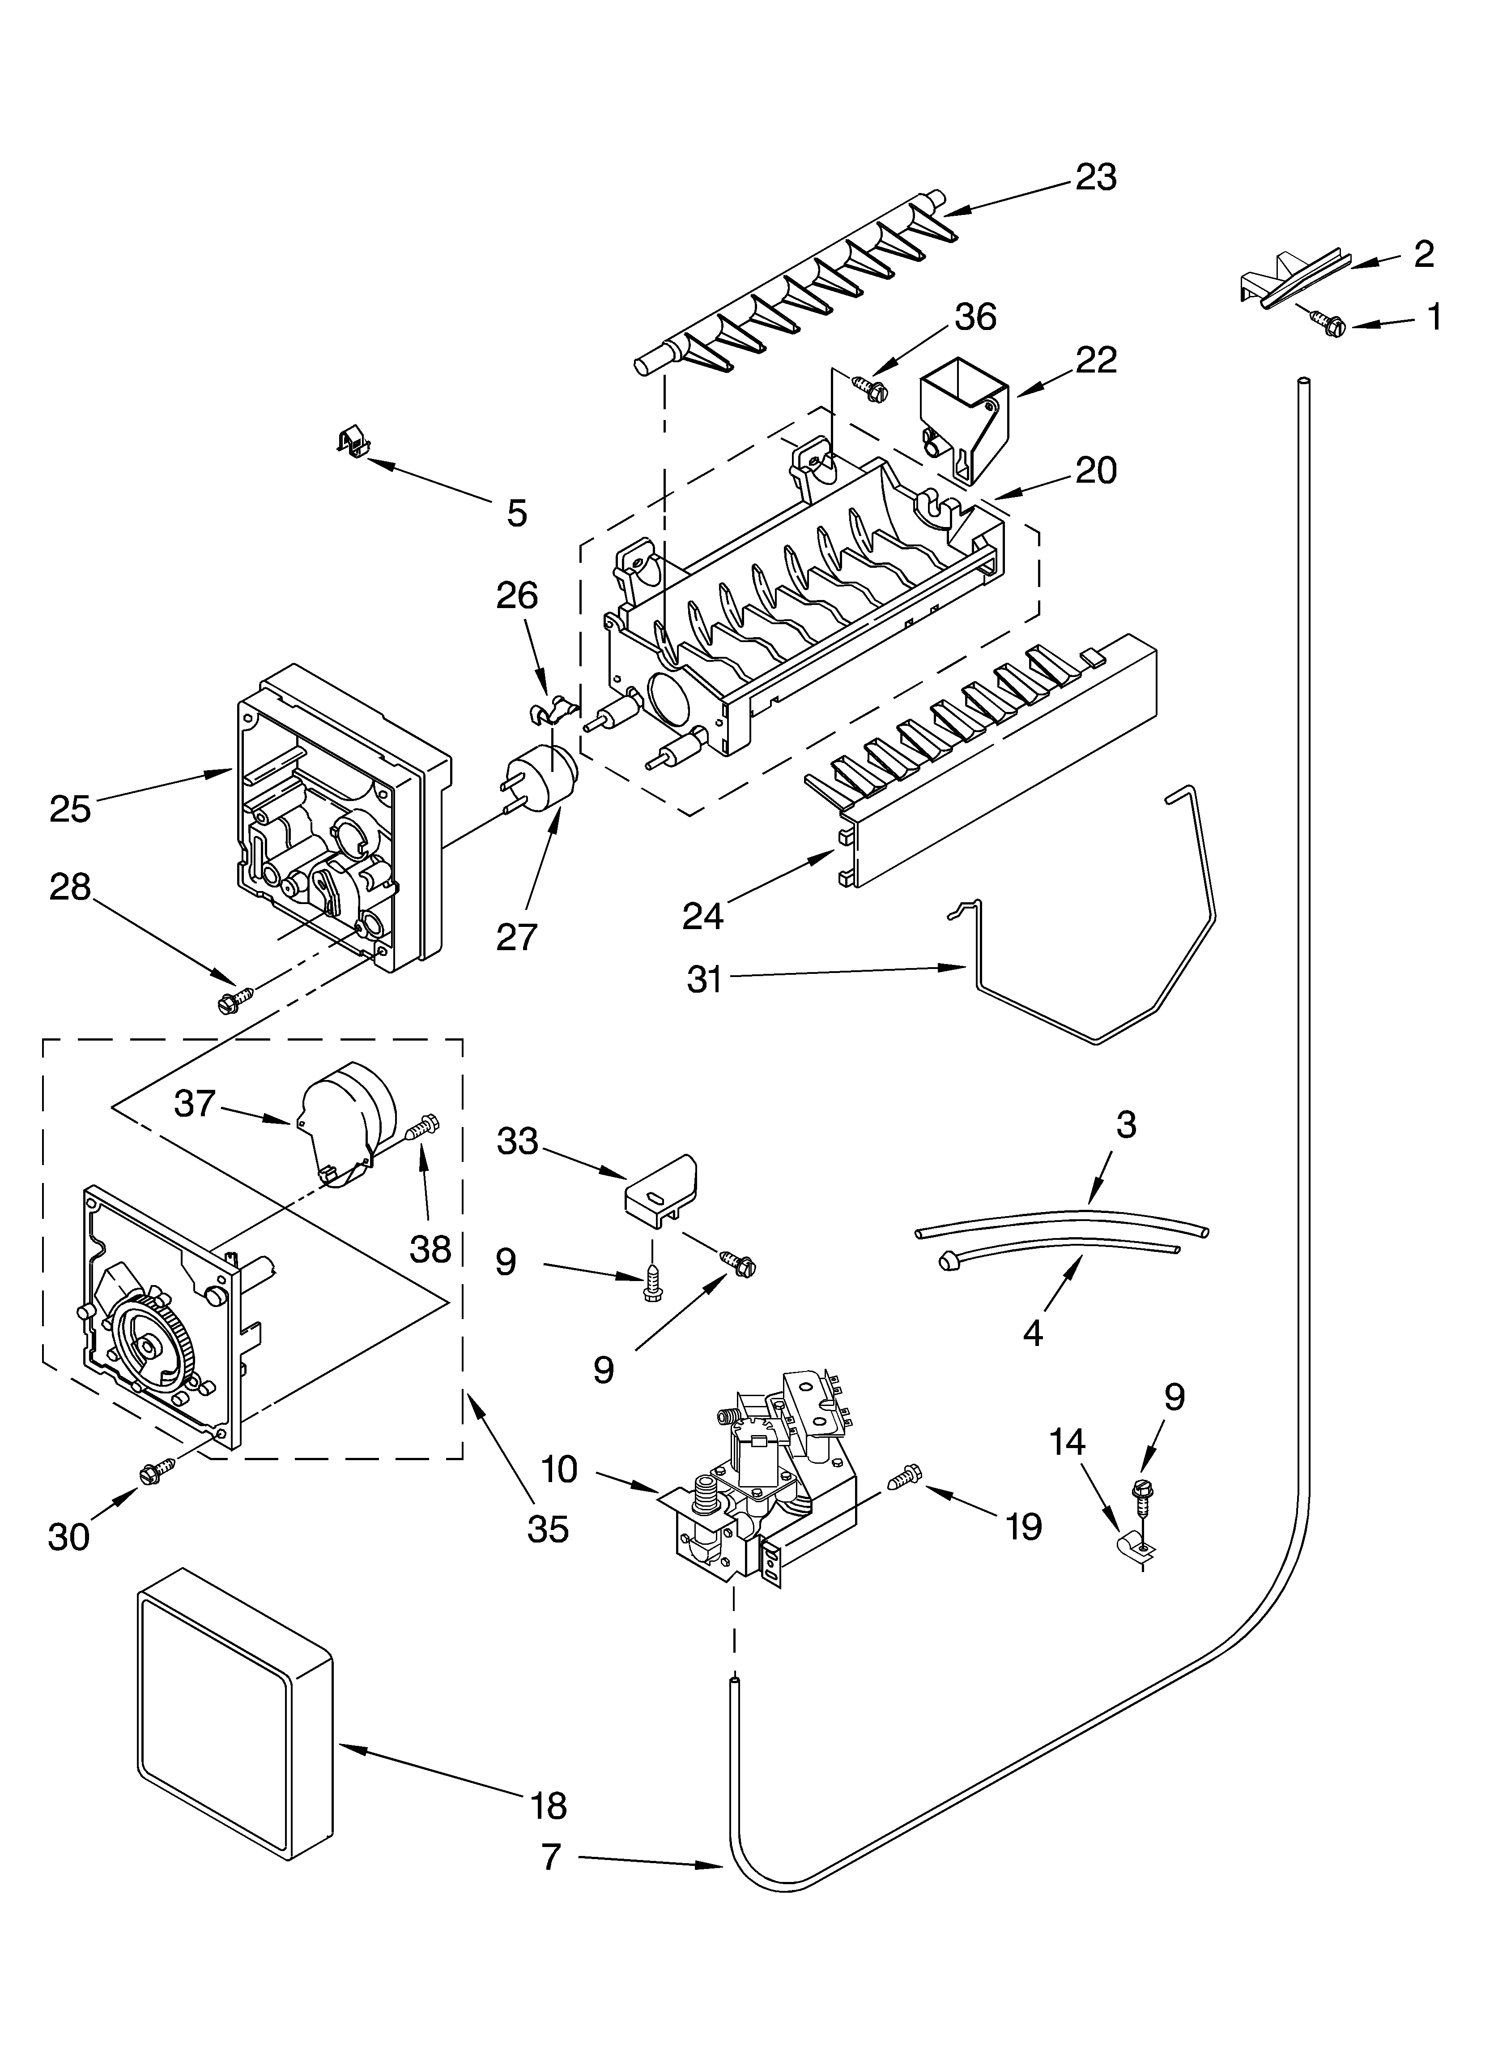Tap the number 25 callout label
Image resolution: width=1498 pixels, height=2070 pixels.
[70, 809]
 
